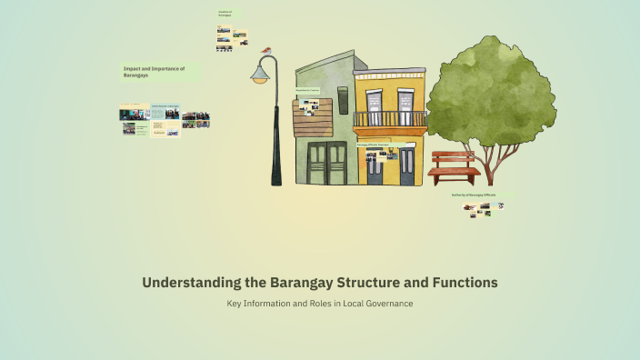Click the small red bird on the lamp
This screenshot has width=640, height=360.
266,51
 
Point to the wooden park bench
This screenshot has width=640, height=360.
454,167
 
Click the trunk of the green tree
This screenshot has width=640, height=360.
491,165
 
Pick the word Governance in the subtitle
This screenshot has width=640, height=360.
385,303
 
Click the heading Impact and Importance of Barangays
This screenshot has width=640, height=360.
155,72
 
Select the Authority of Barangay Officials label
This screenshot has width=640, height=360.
479,195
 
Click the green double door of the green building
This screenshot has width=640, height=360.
327,163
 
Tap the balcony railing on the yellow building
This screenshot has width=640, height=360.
389,119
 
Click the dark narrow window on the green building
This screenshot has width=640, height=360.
343,100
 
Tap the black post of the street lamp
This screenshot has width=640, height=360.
275,136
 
